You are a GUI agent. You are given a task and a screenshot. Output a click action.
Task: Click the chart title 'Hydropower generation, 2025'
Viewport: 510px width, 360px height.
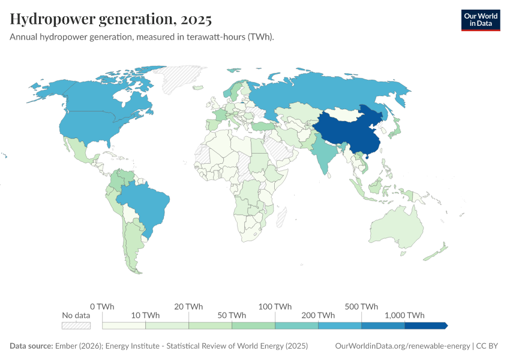pos(111,20)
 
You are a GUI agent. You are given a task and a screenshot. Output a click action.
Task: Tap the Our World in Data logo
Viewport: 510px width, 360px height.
pos(480,20)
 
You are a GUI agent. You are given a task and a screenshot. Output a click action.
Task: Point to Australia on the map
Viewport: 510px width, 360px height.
pos(396,231)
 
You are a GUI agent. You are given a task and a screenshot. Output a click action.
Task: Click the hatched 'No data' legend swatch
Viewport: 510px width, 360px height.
pos(76,326)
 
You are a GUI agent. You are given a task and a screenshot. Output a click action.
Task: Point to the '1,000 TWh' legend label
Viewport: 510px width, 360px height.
pos(404,316)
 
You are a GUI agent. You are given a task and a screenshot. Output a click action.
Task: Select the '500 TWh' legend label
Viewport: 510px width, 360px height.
pos(361,307)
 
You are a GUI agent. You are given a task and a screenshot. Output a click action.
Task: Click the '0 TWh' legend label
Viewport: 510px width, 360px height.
pos(103,307)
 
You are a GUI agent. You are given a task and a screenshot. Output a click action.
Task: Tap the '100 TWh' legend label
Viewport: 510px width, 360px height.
pos(275,307)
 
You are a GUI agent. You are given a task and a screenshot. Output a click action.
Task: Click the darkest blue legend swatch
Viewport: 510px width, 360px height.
pos(425,326)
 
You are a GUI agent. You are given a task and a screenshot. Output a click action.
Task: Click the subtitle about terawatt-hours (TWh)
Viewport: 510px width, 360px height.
pos(142,37)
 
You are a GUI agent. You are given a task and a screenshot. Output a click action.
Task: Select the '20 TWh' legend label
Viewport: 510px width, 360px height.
pos(189,307)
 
